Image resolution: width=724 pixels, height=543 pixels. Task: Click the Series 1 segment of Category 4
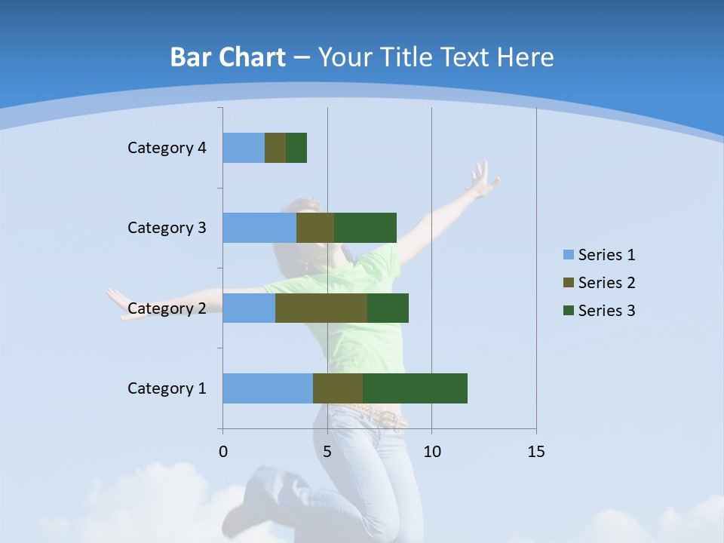[x=244, y=148]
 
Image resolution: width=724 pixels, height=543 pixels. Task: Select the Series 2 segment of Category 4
[x=275, y=148]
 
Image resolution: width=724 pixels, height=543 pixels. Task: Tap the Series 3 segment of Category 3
[x=365, y=228]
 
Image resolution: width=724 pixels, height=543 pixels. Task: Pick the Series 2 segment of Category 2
[x=321, y=308]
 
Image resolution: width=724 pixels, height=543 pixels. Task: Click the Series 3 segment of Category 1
[x=415, y=388]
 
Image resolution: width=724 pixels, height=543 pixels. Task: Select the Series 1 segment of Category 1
[x=268, y=388]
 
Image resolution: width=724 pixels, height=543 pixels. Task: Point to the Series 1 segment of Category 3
[x=259, y=228]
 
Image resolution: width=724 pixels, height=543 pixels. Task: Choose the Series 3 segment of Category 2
[x=388, y=308]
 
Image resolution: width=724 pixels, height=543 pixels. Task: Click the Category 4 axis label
[x=167, y=148]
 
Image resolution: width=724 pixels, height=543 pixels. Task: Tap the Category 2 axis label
[x=167, y=308]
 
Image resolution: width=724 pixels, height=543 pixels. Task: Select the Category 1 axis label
[x=167, y=388]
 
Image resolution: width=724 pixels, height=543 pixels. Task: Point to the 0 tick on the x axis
[x=223, y=452]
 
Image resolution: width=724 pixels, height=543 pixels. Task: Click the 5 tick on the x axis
[x=327, y=452]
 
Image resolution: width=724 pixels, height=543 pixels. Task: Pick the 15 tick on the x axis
[x=536, y=452]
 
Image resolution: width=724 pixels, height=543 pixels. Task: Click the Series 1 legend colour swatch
[x=568, y=255]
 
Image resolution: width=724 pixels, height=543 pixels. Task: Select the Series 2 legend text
[x=606, y=283]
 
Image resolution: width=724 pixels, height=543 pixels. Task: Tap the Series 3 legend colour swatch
[x=568, y=311]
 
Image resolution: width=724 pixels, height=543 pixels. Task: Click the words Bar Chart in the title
[x=228, y=57]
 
